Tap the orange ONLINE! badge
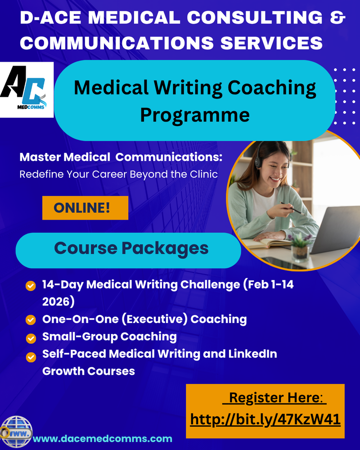[x=85, y=208]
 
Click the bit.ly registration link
[x=265, y=419]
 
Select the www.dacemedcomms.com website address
[x=103, y=438]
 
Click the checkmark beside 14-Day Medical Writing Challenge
[x=31, y=285]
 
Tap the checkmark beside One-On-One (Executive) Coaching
[x=31, y=319]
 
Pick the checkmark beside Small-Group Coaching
[x=31, y=337]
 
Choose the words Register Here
[x=277, y=398]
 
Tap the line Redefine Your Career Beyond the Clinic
[x=119, y=174]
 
